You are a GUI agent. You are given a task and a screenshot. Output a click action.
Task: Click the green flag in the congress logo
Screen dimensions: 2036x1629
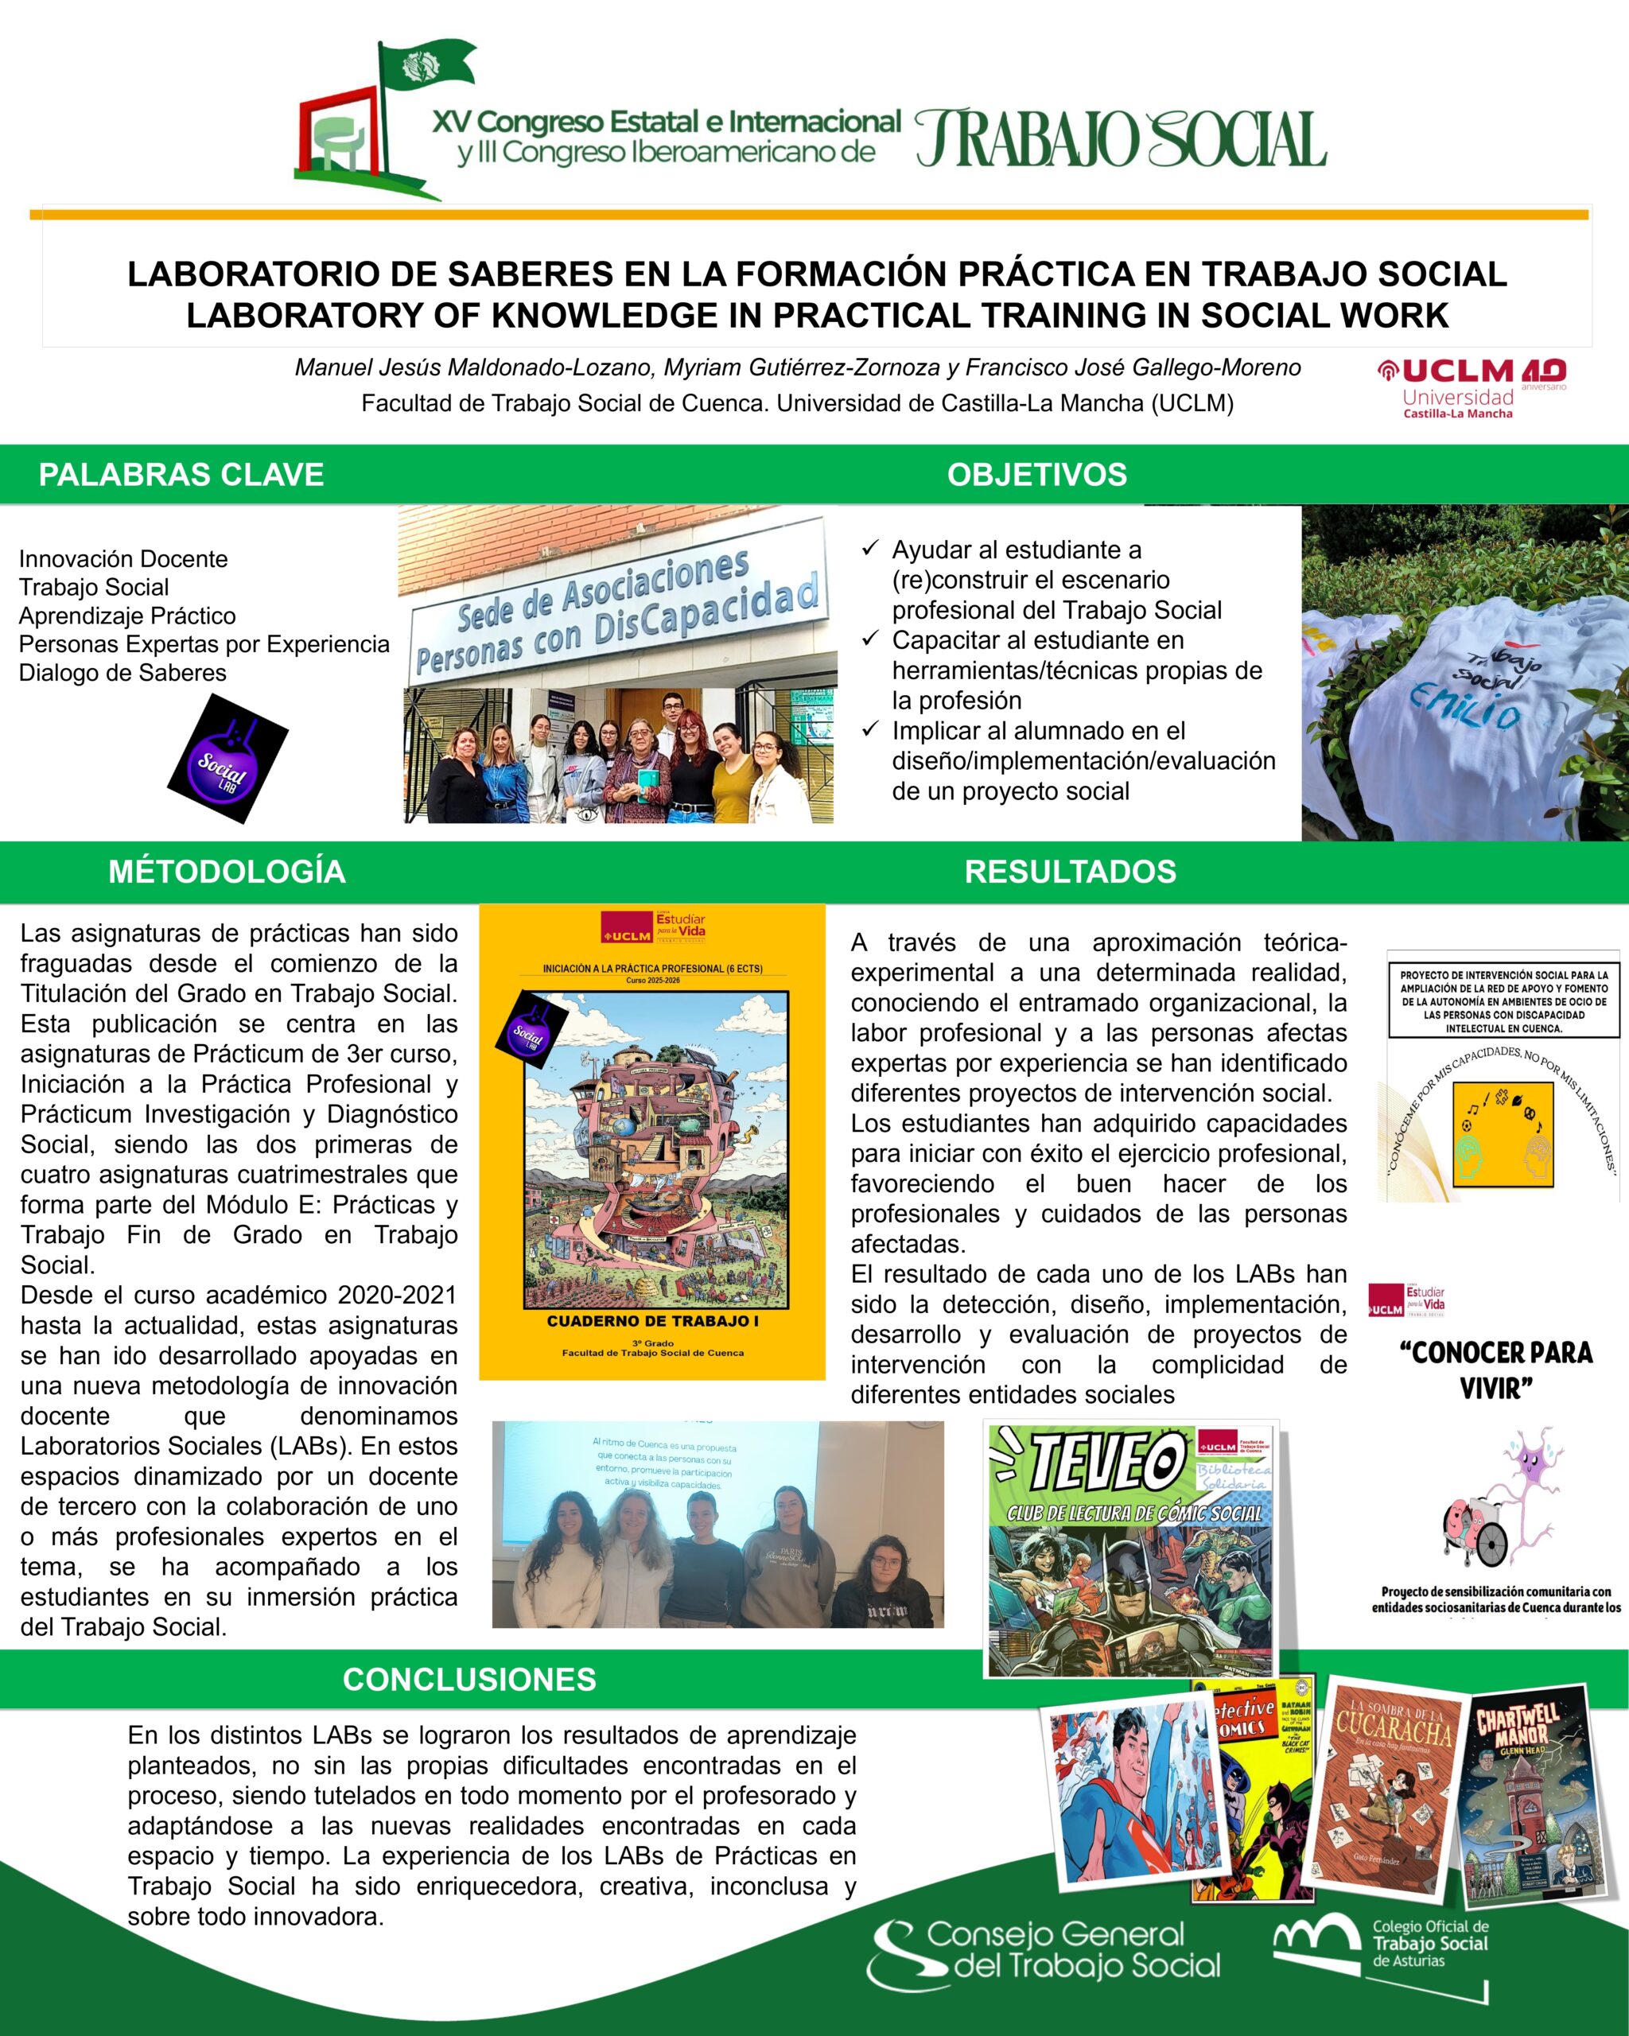pos(427,66)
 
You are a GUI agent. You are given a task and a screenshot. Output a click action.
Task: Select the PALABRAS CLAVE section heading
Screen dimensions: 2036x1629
pos(181,474)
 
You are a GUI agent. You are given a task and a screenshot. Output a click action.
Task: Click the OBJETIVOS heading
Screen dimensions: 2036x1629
pos(1037,474)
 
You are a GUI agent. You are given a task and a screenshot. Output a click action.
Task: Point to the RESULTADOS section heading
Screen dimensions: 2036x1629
pos(1070,871)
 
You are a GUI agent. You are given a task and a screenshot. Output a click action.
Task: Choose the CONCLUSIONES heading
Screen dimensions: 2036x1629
pos(469,1679)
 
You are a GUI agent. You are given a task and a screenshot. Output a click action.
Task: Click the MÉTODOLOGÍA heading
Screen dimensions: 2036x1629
pos(227,871)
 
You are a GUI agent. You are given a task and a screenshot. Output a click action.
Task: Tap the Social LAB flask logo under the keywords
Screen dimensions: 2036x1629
pos(227,757)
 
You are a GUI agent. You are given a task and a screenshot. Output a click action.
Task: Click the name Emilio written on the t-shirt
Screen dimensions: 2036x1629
pos(1464,705)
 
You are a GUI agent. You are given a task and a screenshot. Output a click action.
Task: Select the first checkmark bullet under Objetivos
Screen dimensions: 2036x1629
pos(871,549)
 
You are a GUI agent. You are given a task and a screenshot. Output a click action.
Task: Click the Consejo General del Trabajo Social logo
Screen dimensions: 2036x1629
pos(1044,1950)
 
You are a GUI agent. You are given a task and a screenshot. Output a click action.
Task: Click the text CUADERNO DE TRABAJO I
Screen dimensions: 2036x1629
pos(652,1321)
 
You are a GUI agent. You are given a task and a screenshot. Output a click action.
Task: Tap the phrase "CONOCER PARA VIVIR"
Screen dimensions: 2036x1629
pos(1496,1370)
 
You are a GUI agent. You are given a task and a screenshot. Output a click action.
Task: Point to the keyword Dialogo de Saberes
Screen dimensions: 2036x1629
pos(122,672)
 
